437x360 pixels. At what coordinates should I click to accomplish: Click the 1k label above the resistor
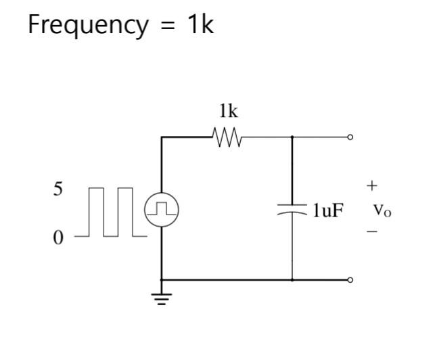228,112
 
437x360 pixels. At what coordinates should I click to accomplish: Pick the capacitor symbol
292,210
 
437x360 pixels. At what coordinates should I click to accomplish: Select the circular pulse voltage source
162,208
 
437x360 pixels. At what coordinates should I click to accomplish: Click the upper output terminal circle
350,137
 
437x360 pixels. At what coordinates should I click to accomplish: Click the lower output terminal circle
350,279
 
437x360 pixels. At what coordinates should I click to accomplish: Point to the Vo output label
382,210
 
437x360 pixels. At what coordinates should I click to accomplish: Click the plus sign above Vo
372,185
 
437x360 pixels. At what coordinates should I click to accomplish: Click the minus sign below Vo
372,232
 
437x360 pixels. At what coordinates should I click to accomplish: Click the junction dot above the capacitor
292,137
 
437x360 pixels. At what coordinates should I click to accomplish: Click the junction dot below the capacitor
292,279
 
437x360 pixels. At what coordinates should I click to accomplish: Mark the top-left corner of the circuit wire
162,137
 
